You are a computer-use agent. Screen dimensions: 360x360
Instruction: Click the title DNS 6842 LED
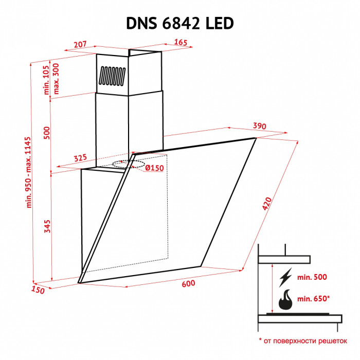pos(180,23)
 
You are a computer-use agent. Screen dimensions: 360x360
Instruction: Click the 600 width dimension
pos(188,284)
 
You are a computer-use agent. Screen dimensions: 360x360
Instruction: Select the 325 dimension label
pos(80,158)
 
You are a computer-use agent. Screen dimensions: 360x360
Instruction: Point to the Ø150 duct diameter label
pos(154,168)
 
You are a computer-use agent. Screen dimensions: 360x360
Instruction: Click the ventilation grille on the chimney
pos(112,76)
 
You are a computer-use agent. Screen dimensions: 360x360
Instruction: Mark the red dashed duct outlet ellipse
pos(131,164)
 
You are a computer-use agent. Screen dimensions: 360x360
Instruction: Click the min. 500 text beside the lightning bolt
pos(312,277)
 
